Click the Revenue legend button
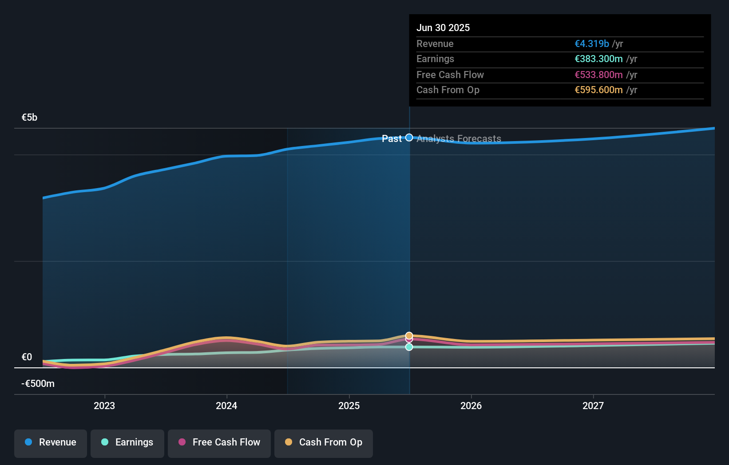(51, 443)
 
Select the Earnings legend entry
(127, 443)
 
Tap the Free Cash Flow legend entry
(219, 443)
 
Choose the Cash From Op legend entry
(324, 443)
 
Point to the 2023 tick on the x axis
(104, 406)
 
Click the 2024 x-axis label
(226, 406)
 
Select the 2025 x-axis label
(349, 406)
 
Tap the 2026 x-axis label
(471, 406)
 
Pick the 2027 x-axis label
(593, 406)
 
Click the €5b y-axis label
(29, 117)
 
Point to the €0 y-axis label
(27, 357)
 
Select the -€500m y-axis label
(38, 383)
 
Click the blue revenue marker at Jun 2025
(409, 138)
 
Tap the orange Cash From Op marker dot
(409, 335)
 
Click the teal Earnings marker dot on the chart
(409, 347)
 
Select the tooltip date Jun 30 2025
(443, 28)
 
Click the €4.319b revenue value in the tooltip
(592, 43)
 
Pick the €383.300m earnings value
(598, 59)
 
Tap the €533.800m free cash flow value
(598, 75)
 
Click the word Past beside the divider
(392, 138)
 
